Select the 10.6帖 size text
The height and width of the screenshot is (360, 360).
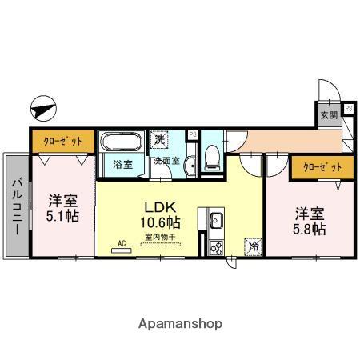pos(161,222)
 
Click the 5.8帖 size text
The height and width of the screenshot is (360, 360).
pos(309,228)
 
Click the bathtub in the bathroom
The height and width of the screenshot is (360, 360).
pos(122,144)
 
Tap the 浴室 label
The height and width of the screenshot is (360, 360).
pos(122,166)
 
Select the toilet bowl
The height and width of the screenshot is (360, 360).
pos(212,157)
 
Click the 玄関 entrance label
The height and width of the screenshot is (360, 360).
pos(330,114)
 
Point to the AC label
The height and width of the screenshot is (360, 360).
pos(122,242)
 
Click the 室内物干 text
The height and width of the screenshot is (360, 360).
pos(161,237)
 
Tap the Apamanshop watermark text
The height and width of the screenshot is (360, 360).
pos(180,325)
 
